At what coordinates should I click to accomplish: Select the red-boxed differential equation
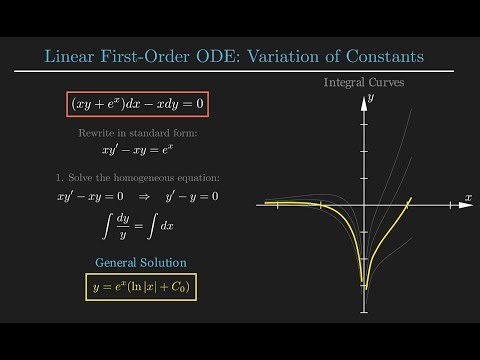(139, 103)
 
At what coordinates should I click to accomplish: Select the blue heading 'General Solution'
(140, 262)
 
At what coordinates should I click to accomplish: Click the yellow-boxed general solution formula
(140, 288)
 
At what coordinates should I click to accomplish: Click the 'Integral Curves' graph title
(364, 82)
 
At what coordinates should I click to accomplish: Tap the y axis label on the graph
(370, 98)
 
